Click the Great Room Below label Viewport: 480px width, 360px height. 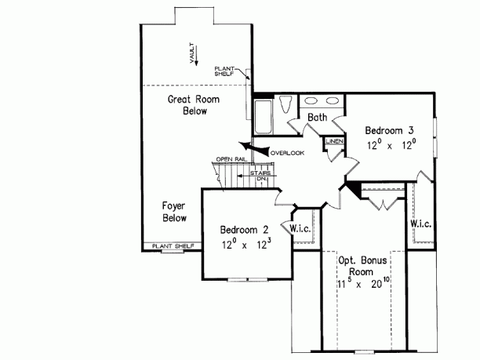click(191, 105)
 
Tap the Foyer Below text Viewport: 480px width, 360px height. click(174, 212)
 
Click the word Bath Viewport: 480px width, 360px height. click(317, 118)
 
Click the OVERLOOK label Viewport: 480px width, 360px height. click(286, 152)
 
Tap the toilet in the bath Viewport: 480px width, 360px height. click(285, 104)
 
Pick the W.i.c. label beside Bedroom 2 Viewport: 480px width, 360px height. click(303, 229)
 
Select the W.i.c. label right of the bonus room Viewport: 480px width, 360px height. click(421, 224)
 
